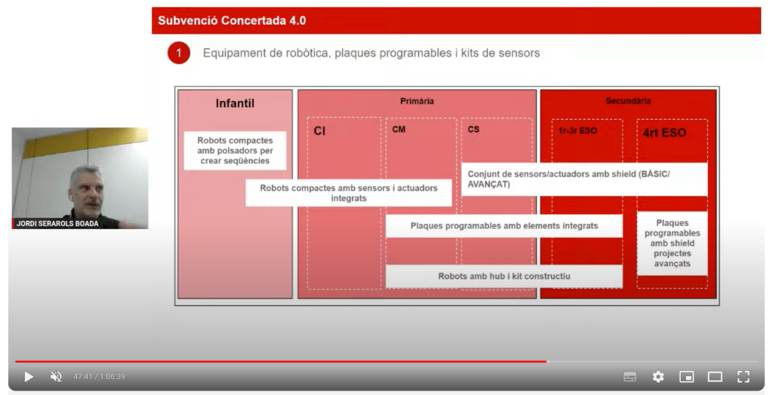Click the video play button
(x=28, y=376)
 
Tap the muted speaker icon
(x=56, y=376)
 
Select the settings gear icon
(x=658, y=376)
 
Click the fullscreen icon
(x=743, y=376)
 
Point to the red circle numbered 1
(x=179, y=53)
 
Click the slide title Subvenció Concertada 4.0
(x=232, y=20)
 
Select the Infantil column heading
(x=235, y=103)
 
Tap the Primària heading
(x=417, y=101)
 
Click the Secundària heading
(x=628, y=101)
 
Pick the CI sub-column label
(x=319, y=130)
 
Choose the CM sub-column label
(x=399, y=130)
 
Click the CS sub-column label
(x=473, y=130)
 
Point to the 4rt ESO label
(x=664, y=133)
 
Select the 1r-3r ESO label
(x=577, y=130)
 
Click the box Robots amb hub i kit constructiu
(x=504, y=276)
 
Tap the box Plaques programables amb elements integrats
(x=504, y=225)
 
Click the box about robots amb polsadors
(x=235, y=150)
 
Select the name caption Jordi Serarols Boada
(x=57, y=223)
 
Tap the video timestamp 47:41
(x=84, y=377)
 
